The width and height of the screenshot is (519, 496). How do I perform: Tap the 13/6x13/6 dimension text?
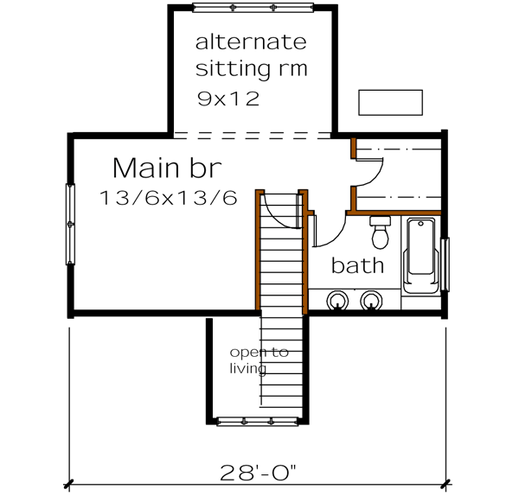(x=168, y=198)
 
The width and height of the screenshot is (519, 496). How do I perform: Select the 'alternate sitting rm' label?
(x=251, y=54)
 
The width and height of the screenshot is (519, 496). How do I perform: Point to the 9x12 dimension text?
(x=227, y=98)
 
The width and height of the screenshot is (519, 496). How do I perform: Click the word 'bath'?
(x=356, y=265)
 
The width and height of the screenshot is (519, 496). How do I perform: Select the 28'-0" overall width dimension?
(x=257, y=473)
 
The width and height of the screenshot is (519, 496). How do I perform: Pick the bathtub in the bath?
(x=421, y=257)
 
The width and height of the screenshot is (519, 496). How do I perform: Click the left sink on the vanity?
(x=336, y=300)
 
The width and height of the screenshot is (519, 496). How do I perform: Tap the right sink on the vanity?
(x=372, y=300)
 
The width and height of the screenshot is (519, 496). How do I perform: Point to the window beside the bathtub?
(x=445, y=264)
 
